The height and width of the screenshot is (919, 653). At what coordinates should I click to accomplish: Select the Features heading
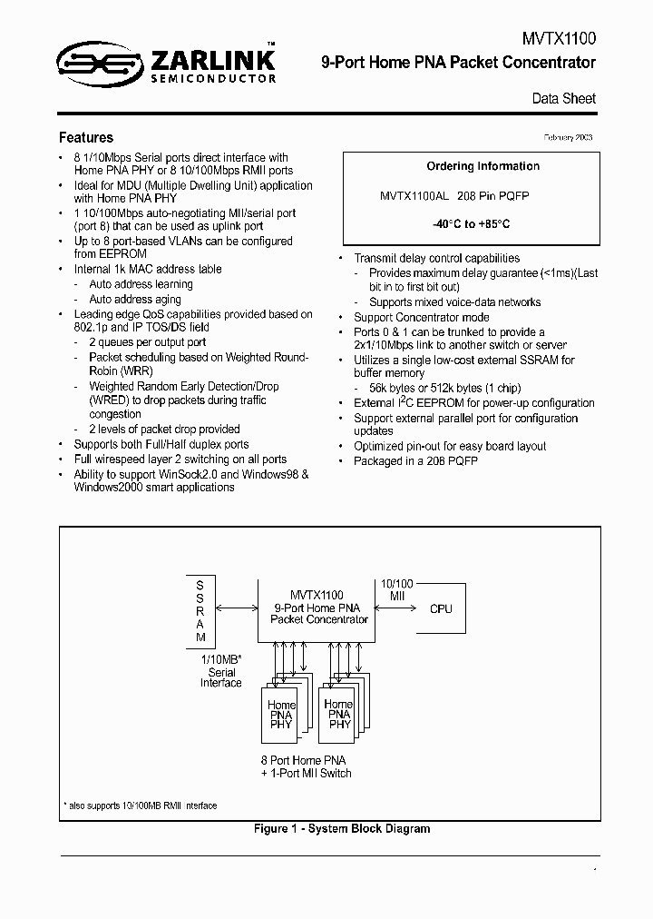pos(86,138)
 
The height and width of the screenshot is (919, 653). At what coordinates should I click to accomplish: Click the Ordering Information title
pos(482,166)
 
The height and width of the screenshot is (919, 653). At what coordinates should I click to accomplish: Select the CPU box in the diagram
pos(440,608)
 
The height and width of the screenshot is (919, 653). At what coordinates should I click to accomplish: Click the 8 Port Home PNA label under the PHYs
pos(303,760)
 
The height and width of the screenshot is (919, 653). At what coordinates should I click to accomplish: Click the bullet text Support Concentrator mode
pos(421,317)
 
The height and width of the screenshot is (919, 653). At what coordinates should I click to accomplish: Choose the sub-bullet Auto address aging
pos(134,299)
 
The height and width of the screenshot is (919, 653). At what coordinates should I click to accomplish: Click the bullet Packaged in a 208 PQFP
pos(415,460)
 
